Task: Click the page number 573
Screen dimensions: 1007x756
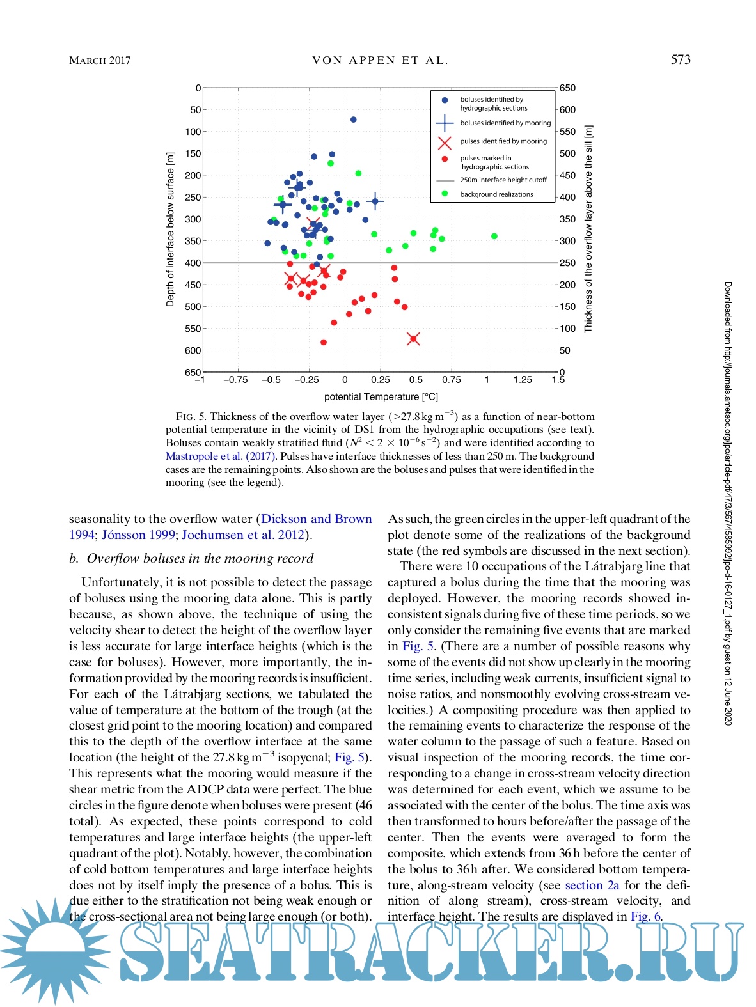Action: point(680,59)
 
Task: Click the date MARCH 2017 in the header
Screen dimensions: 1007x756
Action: point(100,61)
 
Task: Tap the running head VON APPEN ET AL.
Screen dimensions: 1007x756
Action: point(380,61)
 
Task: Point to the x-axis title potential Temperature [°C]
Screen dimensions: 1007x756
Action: point(381,397)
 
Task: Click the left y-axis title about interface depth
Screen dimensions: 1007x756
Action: point(170,230)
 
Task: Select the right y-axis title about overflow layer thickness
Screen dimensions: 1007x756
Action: point(588,228)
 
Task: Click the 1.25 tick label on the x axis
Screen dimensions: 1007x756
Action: point(523,380)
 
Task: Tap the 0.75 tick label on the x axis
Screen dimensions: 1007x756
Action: point(452,380)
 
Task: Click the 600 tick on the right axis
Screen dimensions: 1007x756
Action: point(567,110)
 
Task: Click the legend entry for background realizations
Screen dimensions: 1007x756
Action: point(496,194)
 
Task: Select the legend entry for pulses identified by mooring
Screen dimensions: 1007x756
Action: point(503,141)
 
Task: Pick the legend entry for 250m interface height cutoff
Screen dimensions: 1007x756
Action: point(503,180)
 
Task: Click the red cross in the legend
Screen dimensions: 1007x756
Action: point(445,142)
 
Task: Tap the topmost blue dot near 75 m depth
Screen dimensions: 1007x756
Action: point(353,120)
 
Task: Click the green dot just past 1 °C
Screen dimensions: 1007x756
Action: point(494,237)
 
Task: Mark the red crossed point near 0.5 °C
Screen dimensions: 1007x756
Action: point(413,339)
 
